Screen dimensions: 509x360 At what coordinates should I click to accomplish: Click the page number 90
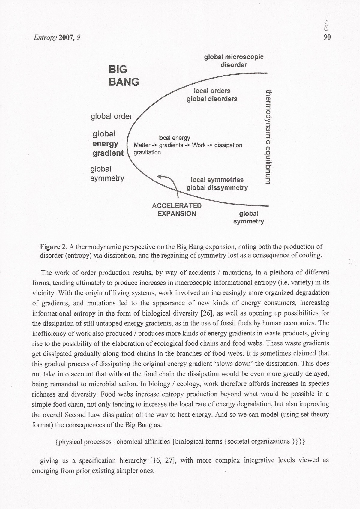pos(327,37)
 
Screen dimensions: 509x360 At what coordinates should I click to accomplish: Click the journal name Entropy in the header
pos(45,37)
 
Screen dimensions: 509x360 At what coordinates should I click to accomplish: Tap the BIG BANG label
pos(123,75)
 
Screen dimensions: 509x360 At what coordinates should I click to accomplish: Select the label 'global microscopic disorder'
pos(234,61)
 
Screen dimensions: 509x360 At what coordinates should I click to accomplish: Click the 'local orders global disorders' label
pos(212,95)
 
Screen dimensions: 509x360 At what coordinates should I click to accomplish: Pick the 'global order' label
pos(111,116)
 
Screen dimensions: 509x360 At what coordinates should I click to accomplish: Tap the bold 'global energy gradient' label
pos(108,143)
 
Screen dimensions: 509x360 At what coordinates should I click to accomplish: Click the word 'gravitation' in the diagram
pos(147,152)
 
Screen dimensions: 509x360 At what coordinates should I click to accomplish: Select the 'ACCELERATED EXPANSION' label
pos(177,210)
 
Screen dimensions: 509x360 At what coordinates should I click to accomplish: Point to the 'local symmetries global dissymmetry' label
pos(217,184)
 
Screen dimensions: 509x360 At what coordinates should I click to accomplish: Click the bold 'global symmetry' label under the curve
pos(248,217)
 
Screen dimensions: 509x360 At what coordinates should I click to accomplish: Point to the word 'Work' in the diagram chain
pos(199,145)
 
